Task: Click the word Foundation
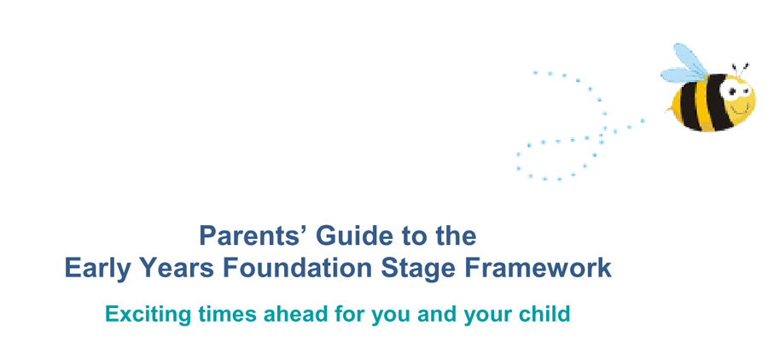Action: click(x=297, y=269)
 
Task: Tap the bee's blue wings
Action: click(x=684, y=65)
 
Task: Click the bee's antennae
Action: click(x=740, y=70)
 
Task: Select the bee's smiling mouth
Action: click(x=741, y=108)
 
